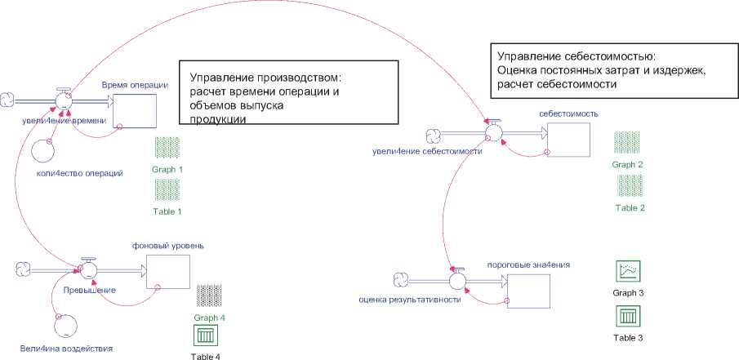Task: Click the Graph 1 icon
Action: coord(167,148)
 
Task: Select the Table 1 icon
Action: coord(167,190)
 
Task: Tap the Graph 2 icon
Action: coord(628,142)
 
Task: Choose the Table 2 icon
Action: coord(630,185)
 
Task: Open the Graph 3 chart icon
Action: coord(629,271)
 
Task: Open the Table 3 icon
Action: coord(629,316)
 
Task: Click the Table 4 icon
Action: coord(205,336)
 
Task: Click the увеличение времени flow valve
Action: coord(64,101)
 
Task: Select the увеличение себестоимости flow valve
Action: coord(492,131)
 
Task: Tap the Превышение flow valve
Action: coord(88,270)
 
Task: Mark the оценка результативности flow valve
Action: coord(457,281)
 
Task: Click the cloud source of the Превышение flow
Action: coord(23,268)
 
